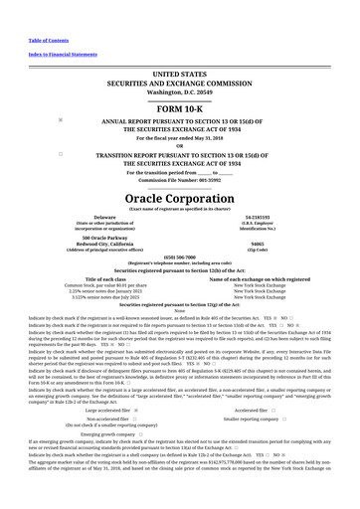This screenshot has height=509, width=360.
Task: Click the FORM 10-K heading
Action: point(179,107)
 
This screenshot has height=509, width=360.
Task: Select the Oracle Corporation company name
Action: point(179,198)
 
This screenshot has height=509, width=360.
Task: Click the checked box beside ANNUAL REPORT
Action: point(62,120)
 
